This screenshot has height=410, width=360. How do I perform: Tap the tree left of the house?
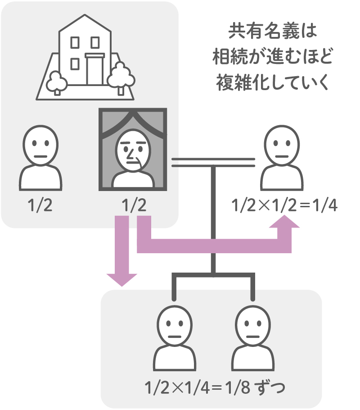[57, 82]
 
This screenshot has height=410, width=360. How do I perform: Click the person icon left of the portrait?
[41, 158]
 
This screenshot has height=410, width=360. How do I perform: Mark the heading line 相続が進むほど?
[273, 59]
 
